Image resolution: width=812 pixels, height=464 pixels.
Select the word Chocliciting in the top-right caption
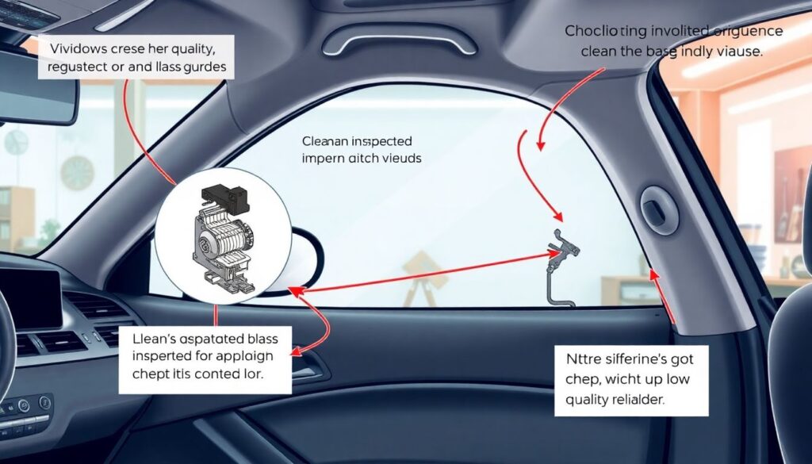pyautogui.click(x=603, y=31)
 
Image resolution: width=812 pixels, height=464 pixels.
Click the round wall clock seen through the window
pyautogui.click(x=77, y=171)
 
